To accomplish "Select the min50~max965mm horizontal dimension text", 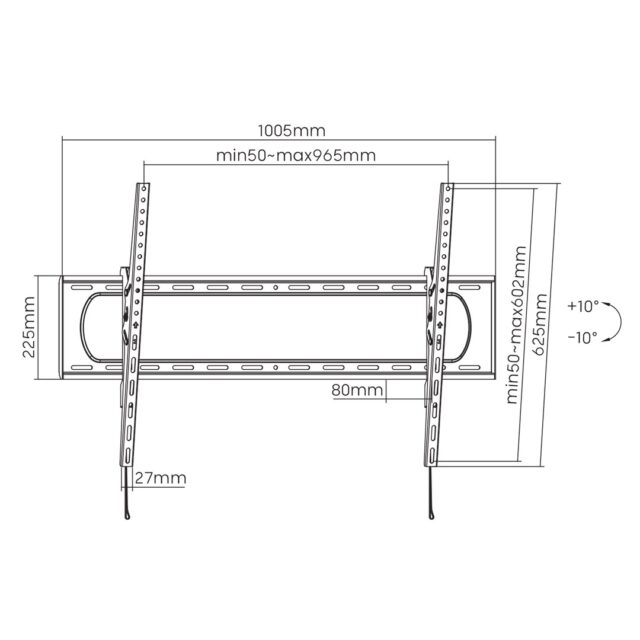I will (x=296, y=156).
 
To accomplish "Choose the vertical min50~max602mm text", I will (x=517, y=327).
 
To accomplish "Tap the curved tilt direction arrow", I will (x=618, y=322).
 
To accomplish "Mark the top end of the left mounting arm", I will (x=143, y=186).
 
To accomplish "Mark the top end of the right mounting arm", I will (x=448, y=186).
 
